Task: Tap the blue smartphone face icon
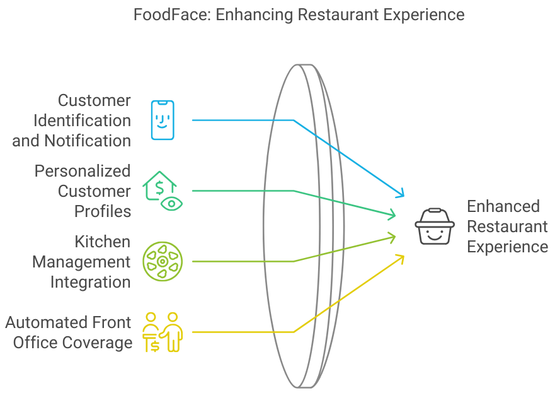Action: tap(162, 120)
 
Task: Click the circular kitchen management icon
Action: tap(162, 261)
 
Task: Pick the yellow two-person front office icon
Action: tap(163, 332)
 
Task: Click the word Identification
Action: tap(82, 120)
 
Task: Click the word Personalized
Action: tap(83, 171)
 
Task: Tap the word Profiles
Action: tap(103, 211)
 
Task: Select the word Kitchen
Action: tap(103, 242)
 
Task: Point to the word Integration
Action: tap(91, 282)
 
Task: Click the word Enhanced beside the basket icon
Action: tap(503, 206)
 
